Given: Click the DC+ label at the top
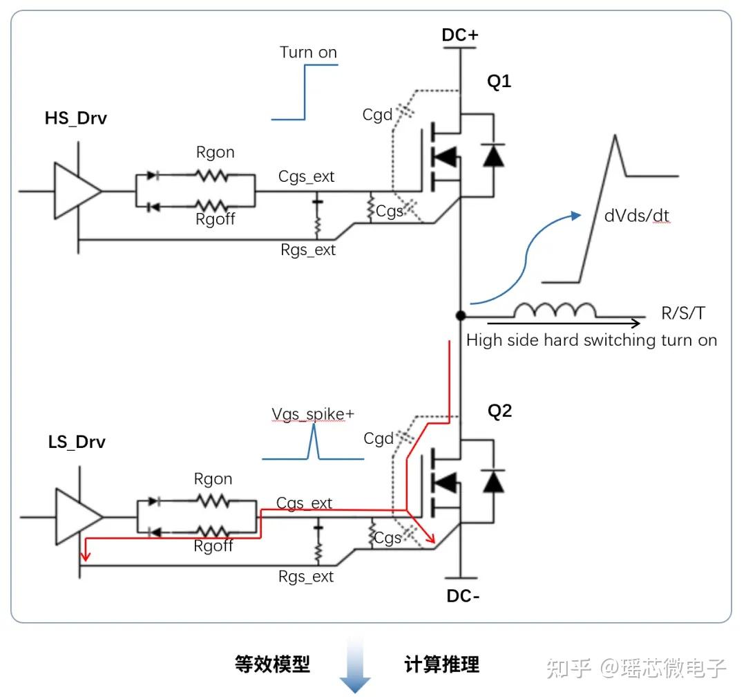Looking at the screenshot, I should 460,35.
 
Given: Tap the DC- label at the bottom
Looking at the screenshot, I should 463,595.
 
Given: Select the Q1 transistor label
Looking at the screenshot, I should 499,82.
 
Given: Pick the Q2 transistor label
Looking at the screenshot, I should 499,411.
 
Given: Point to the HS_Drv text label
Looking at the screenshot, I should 76,118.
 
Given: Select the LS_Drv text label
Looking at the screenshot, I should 77,442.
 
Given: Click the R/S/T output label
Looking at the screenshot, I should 683,313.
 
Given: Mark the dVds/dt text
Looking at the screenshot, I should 636,216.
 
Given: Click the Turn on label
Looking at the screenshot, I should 308,53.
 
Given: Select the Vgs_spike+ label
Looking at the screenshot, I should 313,414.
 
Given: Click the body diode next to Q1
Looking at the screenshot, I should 493,156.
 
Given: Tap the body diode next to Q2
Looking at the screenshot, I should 493,481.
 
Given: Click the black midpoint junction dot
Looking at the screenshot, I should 460,316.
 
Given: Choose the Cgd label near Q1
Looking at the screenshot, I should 377,115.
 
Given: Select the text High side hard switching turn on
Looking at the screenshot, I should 591,340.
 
